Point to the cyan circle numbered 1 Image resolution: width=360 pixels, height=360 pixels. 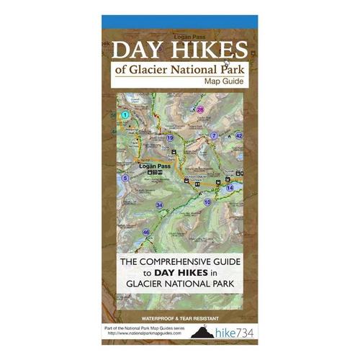125,114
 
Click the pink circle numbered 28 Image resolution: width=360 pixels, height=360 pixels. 200,110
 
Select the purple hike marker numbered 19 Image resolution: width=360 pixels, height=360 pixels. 170,137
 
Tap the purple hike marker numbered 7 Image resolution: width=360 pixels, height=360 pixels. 214,135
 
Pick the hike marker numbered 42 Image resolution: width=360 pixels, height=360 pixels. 240,135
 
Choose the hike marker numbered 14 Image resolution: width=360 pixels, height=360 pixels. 230,187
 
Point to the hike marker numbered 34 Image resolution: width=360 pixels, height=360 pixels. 159,205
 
